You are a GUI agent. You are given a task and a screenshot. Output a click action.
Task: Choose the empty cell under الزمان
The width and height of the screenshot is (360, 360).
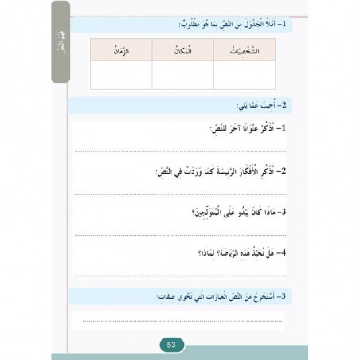click(x=120, y=74)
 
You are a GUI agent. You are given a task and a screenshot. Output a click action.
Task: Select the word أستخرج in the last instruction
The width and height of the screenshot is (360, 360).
click(x=258, y=295)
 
